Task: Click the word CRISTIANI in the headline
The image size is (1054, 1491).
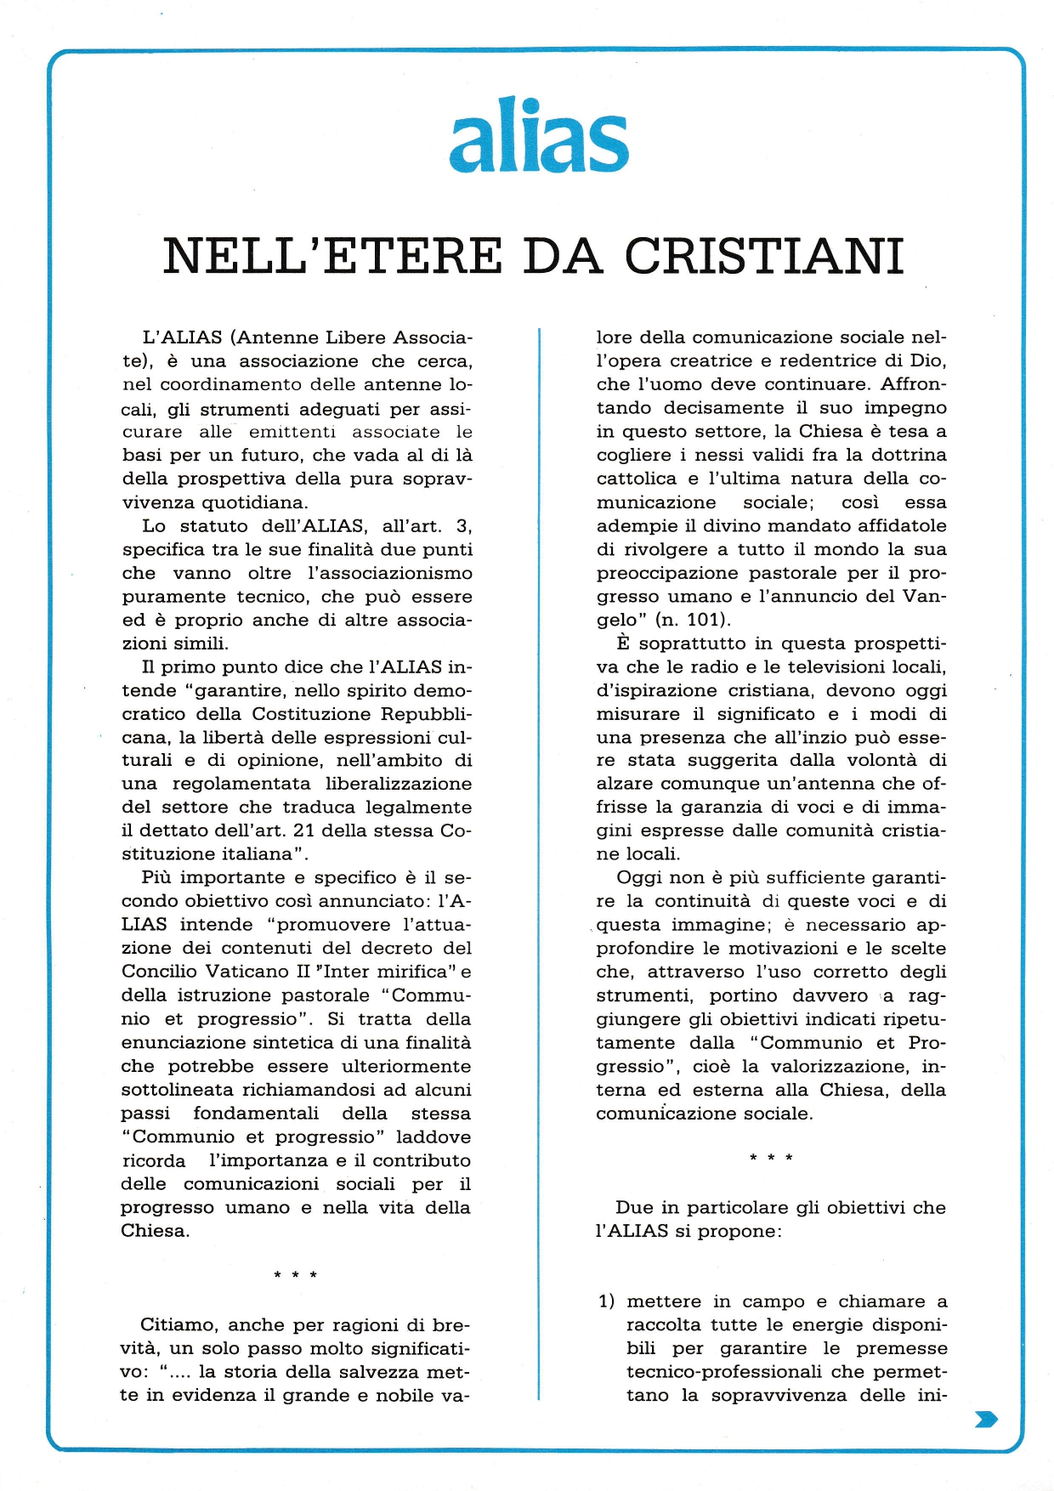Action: click(764, 256)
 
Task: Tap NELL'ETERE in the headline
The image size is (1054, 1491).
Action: click(332, 256)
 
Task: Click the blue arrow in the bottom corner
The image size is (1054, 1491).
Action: click(986, 1419)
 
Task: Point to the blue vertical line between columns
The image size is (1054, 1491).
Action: click(539, 850)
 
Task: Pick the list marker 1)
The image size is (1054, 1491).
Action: click(606, 1301)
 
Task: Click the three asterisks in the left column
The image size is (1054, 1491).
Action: click(295, 1276)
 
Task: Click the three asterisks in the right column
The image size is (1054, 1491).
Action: click(771, 1159)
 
